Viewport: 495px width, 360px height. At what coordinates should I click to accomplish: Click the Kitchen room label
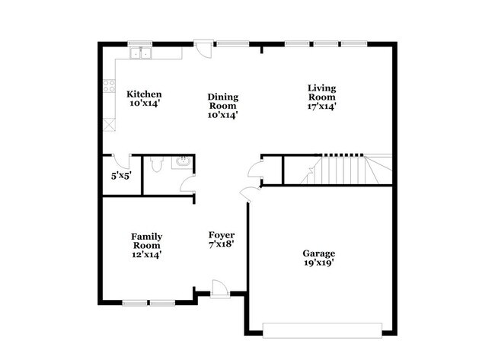(x=144, y=94)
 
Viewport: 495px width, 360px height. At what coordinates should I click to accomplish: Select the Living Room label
(x=321, y=91)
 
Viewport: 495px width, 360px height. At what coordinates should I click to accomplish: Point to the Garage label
(x=318, y=253)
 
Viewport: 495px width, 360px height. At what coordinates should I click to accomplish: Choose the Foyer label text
(x=222, y=235)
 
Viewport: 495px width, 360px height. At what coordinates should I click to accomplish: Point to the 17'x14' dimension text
(x=321, y=107)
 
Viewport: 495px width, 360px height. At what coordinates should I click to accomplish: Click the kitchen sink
(x=141, y=53)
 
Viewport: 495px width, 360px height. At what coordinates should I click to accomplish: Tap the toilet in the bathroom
(x=155, y=164)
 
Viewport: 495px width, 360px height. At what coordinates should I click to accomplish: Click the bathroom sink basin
(x=183, y=161)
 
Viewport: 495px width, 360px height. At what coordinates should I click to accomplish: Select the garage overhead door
(x=322, y=329)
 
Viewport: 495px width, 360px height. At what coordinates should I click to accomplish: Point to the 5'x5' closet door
(x=120, y=161)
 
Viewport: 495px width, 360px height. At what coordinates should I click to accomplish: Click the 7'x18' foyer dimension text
(x=222, y=245)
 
